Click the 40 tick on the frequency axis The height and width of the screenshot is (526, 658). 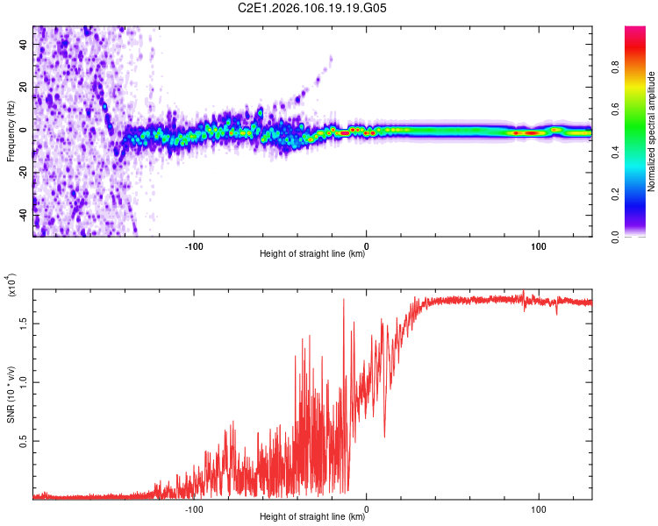pyautogui.click(x=23, y=45)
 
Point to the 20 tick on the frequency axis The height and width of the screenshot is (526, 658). pyautogui.click(x=23, y=87)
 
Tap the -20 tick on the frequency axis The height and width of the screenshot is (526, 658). pyautogui.click(x=21, y=172)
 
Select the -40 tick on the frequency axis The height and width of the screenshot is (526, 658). pyautogui.click(x=21, y=214)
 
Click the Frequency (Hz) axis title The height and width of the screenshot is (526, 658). pyautogui.click(x=11, y=131)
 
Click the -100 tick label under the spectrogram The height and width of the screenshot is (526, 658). pyautogui.click(x=194, y=245)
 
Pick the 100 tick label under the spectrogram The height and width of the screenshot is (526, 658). pyautogui.click(x=537, y=245)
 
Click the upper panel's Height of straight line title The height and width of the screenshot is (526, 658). pyautogui.click(x=312, y=254)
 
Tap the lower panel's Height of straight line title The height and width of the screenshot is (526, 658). pyautogui.click(x=312, y=517)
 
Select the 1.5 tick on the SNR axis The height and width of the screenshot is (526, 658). pyautogui.click(x=23, y=323)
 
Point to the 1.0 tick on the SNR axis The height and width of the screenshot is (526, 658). pyautogui.click(x=23, y=381)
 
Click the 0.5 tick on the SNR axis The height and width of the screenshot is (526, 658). pyautogui.click(x=23, y=440)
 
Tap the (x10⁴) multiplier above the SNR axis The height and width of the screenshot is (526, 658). pyautogui.click(x=11, y=286)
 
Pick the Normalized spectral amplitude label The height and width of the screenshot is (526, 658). pyautogui.click(x=651, y=131)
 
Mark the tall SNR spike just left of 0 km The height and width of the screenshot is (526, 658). pyautogui.click(x=343, y=300)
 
